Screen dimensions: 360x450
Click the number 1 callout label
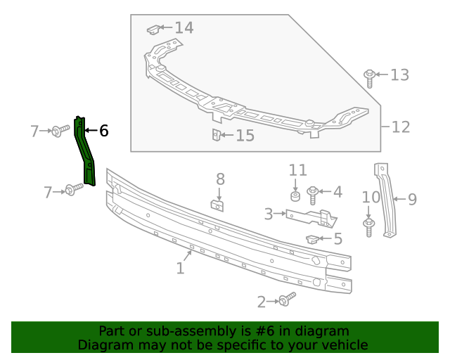coord(180,268)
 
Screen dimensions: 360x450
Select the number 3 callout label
coord(269,213)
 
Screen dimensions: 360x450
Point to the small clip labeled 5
coord(312,239)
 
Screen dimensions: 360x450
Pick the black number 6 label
coord(103,131)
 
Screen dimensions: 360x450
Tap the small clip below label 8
coord(219,205)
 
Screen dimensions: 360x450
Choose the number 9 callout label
coord(412,200)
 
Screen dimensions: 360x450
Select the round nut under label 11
coord(297,194)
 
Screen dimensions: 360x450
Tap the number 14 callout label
coord(184,28)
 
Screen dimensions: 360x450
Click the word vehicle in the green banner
coord(345,345)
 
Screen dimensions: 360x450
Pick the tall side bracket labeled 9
coord(386,200)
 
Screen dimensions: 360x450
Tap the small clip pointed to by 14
coord(153,30)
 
